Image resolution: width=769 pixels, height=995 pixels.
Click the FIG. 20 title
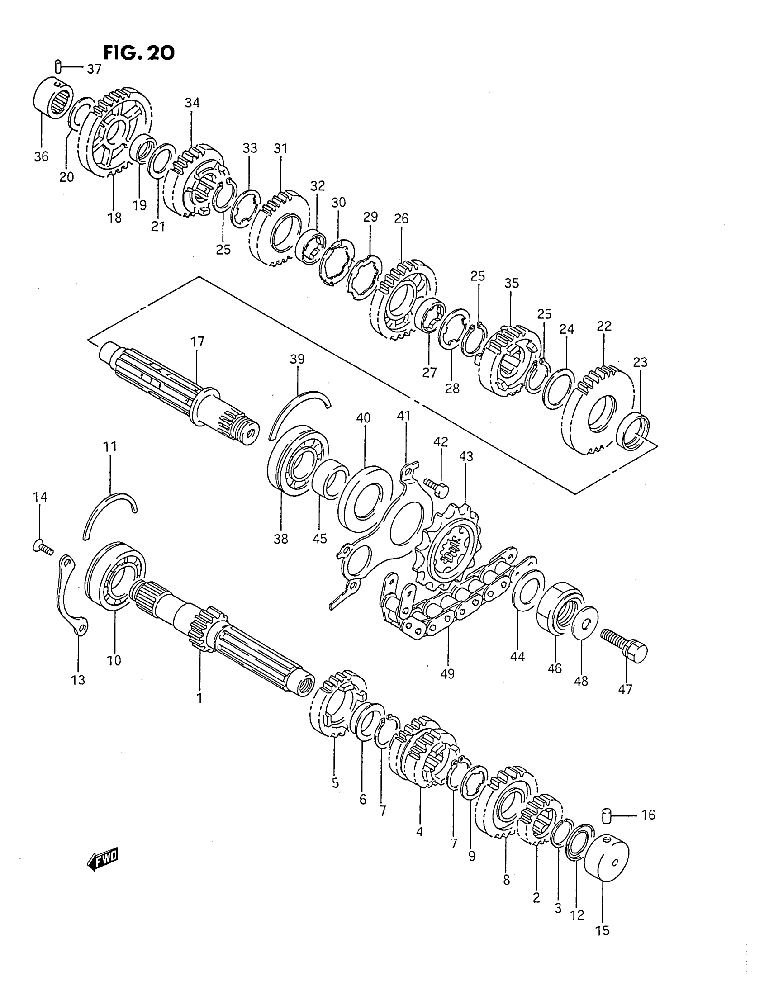pyautogui.click(x=138, y=53)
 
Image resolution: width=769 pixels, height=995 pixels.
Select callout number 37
pyautogui.click(x=94, y=69)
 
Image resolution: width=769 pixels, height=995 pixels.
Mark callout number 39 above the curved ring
pyautogui.click(x=297, y=360)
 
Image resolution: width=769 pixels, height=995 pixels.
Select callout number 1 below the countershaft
pyautogui.click(x=199, y=697)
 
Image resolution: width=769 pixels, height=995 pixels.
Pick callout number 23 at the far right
pyautogui.click(x=640, y=363)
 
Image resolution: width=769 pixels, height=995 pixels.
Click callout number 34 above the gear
pyautogui.click(x=192, y=103)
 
